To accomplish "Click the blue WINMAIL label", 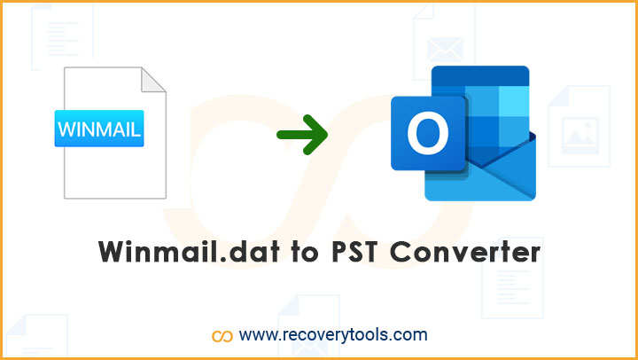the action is (x=99, y=129).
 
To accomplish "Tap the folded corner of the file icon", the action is (x=152, y=80).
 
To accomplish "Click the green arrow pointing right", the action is (x=302, y=135).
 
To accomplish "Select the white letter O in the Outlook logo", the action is (x=428, y=133).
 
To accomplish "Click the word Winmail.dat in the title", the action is (x=189, y=252).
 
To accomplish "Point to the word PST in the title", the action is (x=354, y=252).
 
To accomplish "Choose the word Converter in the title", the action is (x=465, y=253).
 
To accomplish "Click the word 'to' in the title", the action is (x=305, y=254).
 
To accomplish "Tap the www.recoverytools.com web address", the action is (x=333, y=335).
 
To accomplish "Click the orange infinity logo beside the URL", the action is (x=222, y=336).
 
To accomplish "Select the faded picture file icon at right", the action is (x=579, y=126).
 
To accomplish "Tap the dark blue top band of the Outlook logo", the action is (x=480, y=76).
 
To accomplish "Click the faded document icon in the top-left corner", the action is (x=62, y=37).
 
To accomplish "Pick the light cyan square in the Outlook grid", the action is (x=514, y=101).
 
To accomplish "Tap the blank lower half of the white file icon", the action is (x=115, y=172).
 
